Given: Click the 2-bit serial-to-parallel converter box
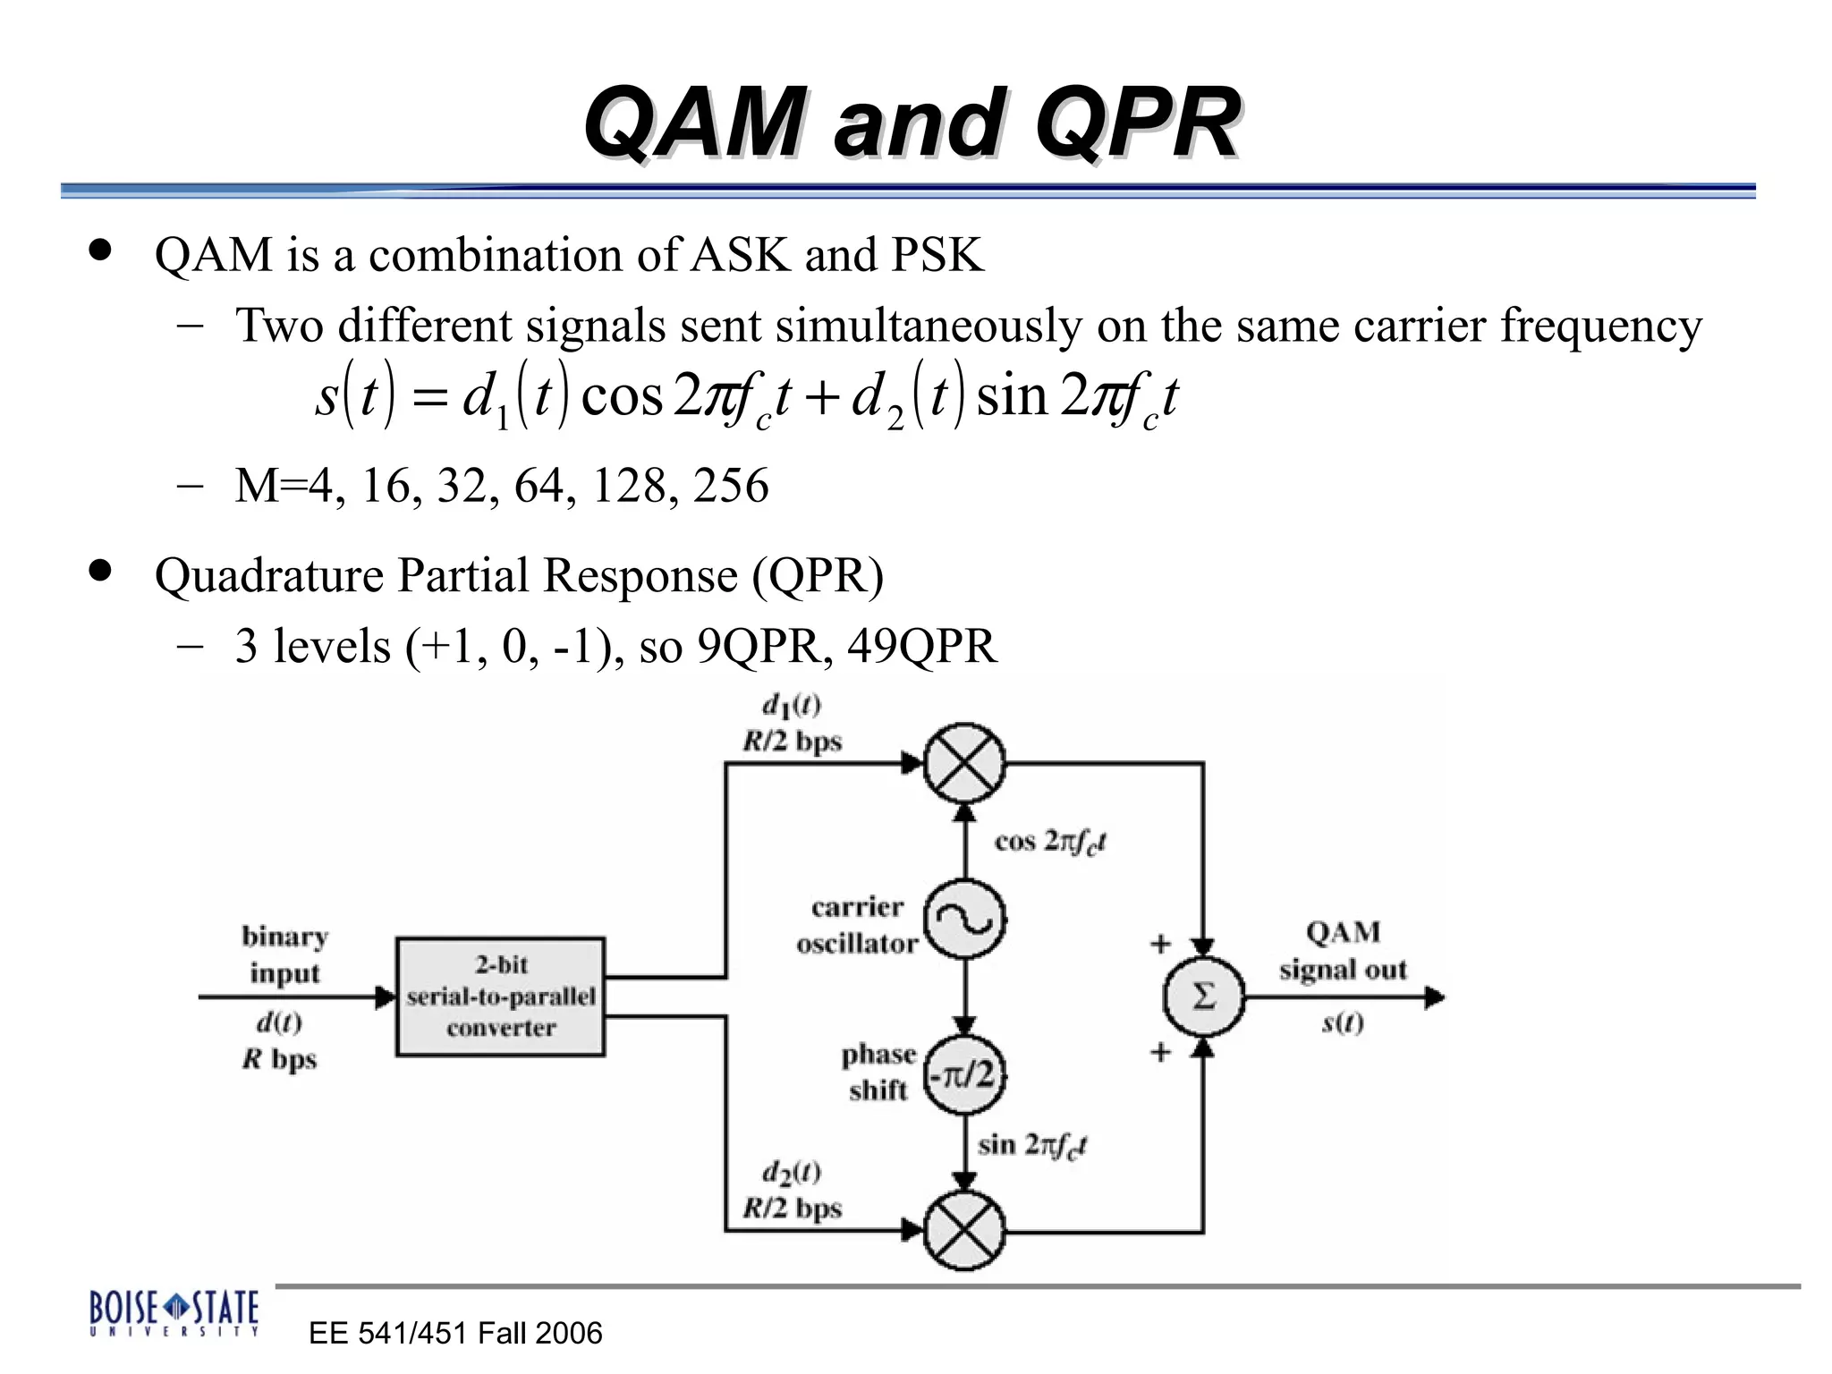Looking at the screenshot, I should coord(500,997).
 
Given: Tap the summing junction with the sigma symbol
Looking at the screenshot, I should coord(1203,997).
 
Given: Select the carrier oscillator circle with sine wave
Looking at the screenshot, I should coord(964,919).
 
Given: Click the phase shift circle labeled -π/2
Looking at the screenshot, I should coord(964,1073).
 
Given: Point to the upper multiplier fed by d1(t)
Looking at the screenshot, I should coord(964,763).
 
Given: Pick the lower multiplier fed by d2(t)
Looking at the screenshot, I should coord(964,1231).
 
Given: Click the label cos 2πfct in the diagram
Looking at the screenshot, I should coord(1050,842).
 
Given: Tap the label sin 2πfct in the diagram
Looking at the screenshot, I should coord(1031,1145).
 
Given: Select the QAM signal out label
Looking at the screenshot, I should coord(1343,951).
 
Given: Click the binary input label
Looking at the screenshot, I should coord(284,954).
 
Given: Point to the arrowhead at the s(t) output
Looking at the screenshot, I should coord(1434,997).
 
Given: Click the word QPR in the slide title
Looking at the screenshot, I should coord(1137,123).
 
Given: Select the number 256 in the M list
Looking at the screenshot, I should coord(731,486).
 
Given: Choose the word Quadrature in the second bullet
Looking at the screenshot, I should coord(268,575).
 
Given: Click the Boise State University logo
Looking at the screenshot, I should coord(174,1312).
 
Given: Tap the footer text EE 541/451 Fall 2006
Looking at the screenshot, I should coord(455,1333).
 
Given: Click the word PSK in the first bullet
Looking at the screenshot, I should coord(937,255).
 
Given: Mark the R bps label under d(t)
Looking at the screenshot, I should coord(279,1059).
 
